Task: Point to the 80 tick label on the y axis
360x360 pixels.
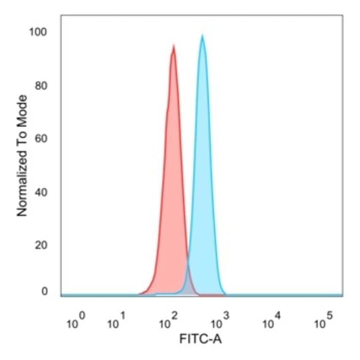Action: (x=42, y=86)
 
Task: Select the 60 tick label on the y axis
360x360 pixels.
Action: (x=42, y=139)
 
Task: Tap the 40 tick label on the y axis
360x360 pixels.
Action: (x=42, y=192)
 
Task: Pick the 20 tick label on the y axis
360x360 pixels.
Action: (x=42, y=245)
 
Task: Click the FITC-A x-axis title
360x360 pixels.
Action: (x=200, y=338)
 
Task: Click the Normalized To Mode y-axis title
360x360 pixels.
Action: (x=22, y=155)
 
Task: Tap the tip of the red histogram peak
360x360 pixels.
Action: (x=174, y=46)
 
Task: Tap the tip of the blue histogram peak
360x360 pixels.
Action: (x=202, y=35)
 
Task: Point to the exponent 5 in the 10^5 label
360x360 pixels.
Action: (x=329, y=316)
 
